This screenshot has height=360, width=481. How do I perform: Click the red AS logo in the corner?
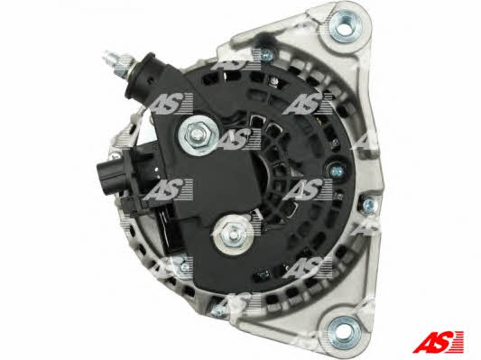(x=438, y=341)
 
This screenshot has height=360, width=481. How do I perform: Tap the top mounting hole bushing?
(x=345, y=27)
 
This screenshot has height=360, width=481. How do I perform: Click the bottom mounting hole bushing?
(x=344, y=332)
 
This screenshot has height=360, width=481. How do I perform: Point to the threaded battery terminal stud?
(x=121, y=63)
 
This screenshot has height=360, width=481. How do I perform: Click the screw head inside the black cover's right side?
(x=337, y=170)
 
